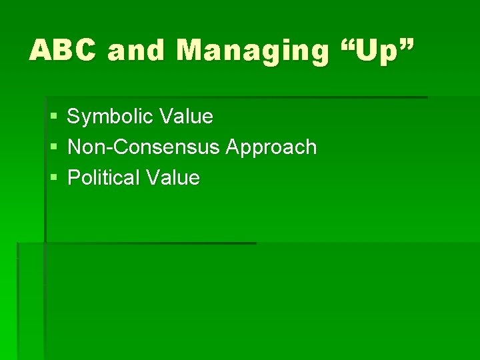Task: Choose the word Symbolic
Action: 109,117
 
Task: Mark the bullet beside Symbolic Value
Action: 53,117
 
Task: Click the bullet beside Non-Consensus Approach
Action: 53,147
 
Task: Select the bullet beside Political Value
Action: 53,178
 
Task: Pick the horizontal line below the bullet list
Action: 147,243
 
